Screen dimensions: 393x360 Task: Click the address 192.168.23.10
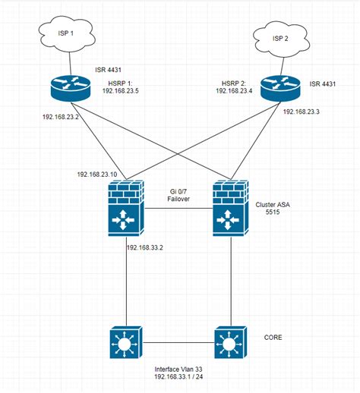(98, 174)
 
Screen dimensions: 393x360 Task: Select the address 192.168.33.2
(146, 247)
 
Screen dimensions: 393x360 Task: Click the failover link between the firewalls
(178, 209)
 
